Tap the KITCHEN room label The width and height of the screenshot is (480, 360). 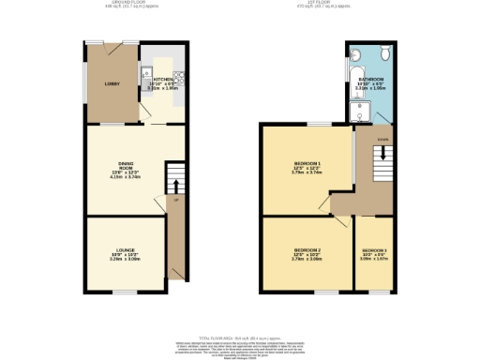pyautogui.click(x=162, y=80)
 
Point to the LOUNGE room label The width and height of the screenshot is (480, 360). pyautogui.click(x=125, y=250)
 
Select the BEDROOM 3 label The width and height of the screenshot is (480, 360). pyautogui.click(x=373, y=251)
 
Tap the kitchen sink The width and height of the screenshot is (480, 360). pyautogui.click(x=146, y=72)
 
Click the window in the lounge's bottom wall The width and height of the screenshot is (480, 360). pyautogui.click(x=125, y=292)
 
